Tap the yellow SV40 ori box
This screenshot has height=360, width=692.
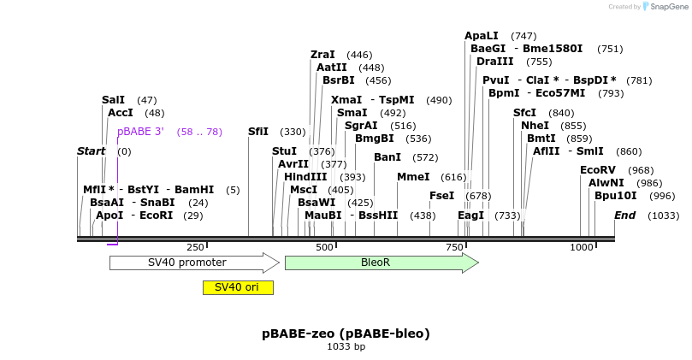pos(237,287)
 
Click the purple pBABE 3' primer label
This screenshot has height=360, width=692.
pos(140,132)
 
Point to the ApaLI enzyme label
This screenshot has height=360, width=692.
pos(481,36)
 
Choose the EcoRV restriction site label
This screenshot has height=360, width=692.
pos(597,170)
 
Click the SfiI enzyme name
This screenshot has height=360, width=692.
pos(258,132)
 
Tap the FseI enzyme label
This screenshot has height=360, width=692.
pos(441,196)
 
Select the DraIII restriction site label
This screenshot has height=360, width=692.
pos(494,62)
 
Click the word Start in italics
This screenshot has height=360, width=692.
pos(91,151)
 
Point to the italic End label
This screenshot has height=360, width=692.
pos(624,215)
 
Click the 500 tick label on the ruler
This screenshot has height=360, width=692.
pos(324,247)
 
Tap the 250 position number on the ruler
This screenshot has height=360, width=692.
pos(194,247)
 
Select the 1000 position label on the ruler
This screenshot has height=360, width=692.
pos(581,247)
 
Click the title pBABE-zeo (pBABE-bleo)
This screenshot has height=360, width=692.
pos(346,333)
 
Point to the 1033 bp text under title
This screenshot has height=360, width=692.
pos(346,346)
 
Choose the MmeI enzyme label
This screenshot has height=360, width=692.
pos(413,177)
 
